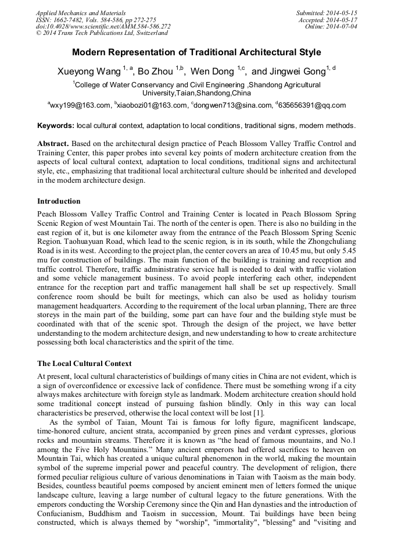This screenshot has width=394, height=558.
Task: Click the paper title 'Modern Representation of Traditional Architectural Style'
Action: point(196,52)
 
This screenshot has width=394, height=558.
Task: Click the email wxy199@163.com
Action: point(80,105)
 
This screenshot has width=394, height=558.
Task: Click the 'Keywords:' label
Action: point(55,126)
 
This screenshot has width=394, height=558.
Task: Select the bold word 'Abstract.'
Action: point(53,143)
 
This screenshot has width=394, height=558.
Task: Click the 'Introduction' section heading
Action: point(59,201)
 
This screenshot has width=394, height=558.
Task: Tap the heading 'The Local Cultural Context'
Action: point(84,364)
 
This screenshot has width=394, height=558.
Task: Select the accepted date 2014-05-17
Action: point(345,20)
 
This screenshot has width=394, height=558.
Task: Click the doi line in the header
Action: point(103,27)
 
